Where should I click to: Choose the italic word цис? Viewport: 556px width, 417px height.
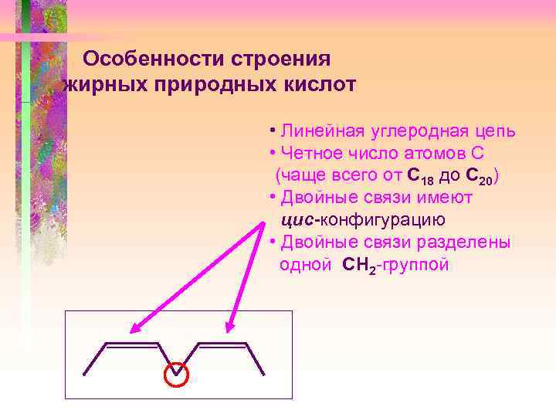coord(294,220)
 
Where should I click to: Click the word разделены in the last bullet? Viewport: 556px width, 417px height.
coord(463,242)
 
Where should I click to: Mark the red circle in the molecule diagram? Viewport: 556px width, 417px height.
coord(178,375)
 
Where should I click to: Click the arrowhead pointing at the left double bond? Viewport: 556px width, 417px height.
coord(132,329)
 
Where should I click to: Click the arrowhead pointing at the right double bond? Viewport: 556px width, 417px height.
coord(230,327)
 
